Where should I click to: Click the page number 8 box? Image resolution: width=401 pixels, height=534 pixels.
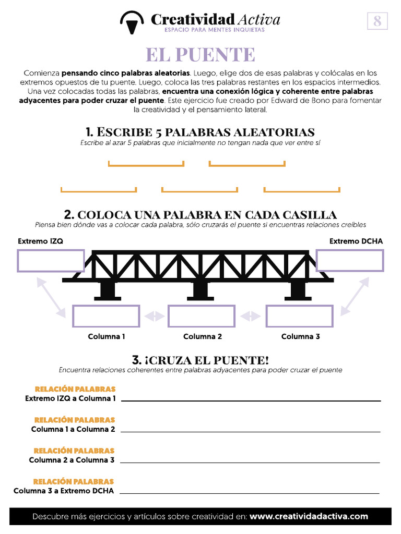pyautogui.click(x=377, y=21)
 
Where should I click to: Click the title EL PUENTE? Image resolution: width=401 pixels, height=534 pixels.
pyautogui.click(x=200, y=54)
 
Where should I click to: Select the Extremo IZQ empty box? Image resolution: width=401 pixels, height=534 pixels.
pyautogui.click(x=51, y=260)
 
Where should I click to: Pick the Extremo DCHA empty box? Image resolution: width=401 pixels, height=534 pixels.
pyautogui.click(x=350, y=260)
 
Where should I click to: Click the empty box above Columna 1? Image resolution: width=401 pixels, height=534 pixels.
pyautogui.click(x=106, y=316)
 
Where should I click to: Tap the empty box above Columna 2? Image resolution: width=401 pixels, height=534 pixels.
pyautogui.click(x=201, y=316)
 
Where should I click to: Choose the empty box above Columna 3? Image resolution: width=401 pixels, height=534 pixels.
pyautogui.click(x=300, y=316)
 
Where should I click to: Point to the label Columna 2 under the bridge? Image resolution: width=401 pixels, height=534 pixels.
pyautogui.click(x=203, y=336)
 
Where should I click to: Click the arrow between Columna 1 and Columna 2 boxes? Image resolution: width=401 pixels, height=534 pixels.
pyautogui.click(x=154, y=316)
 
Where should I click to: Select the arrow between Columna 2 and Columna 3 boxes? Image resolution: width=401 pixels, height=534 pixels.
pyautogui.click(x=250, y=316)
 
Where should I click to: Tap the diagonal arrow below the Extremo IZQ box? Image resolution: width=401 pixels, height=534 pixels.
pyautogui.click(x=51, y=296)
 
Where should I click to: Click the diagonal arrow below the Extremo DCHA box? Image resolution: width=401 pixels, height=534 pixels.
pyautogui.click(x=354, y=296)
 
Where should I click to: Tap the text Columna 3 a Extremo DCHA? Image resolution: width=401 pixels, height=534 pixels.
pyautogui.click(x=64, y=491)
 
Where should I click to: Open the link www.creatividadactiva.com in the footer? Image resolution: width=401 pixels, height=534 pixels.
pyautogui.click(x=309, y=516)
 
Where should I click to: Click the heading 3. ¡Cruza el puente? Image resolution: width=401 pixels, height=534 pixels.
pyautogui.click(x=200, y=360)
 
